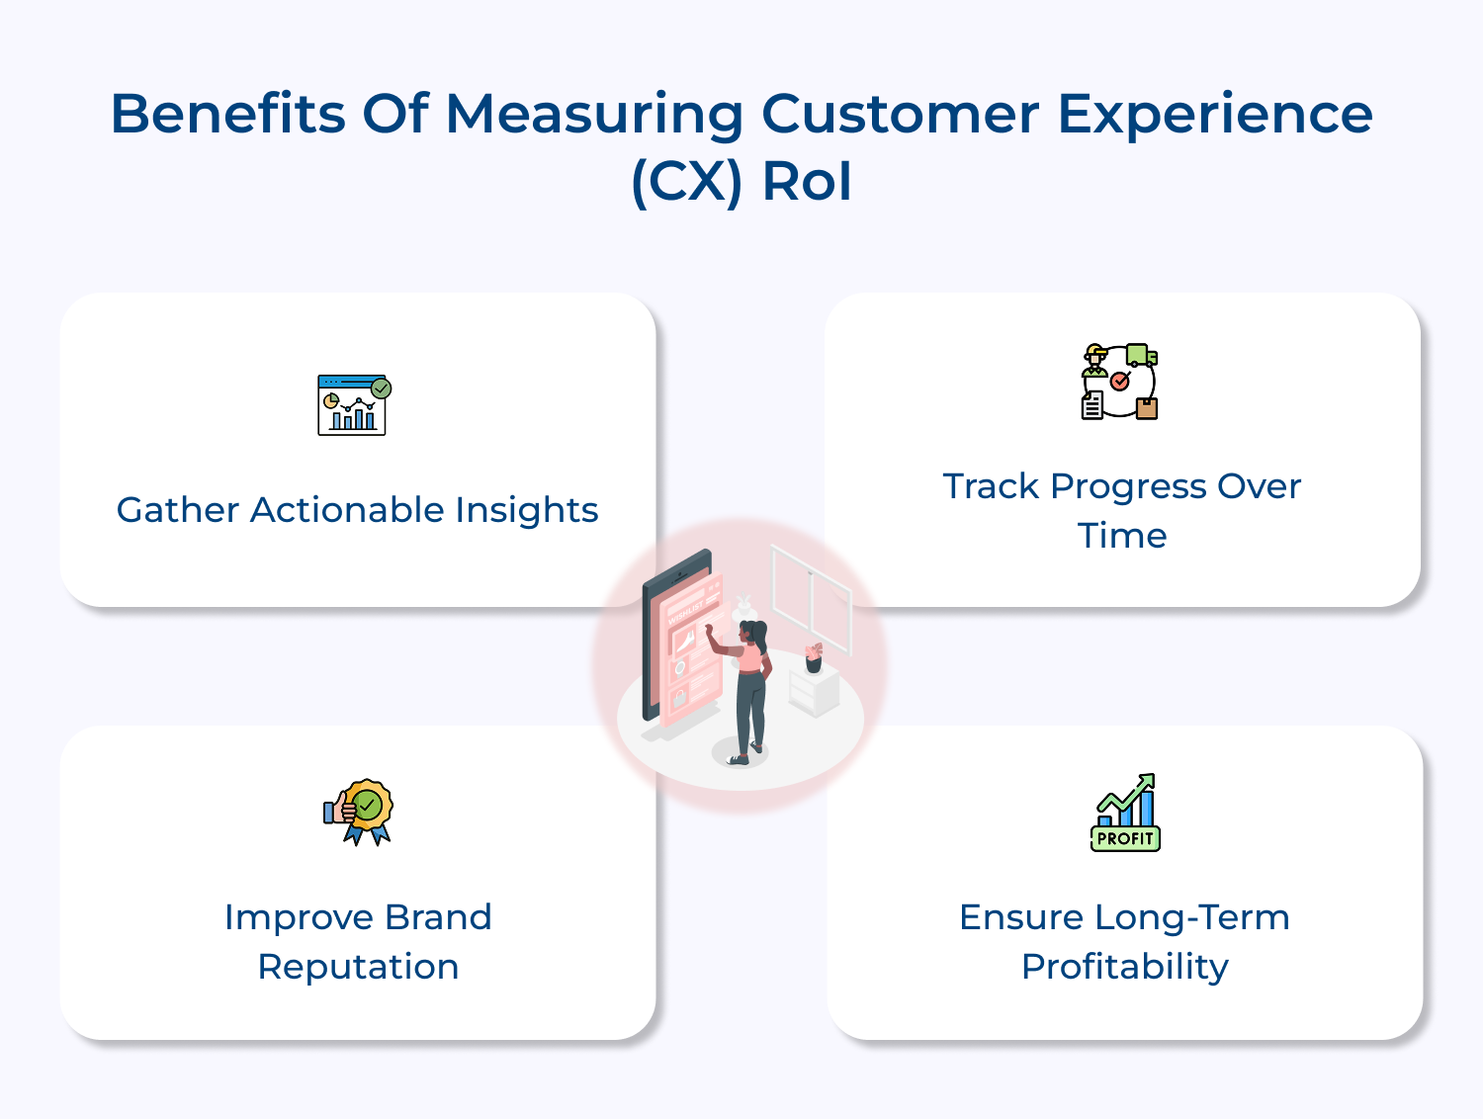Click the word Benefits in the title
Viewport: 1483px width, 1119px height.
click(228, 114)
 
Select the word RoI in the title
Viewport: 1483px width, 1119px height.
click(807, 182)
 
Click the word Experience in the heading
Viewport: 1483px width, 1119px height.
click(1214, 114)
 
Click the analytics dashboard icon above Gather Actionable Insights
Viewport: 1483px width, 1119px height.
click(353, 405)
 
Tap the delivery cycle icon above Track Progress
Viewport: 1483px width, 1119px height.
click(1119, 382)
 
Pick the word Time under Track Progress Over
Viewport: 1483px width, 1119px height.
click(1122, 536)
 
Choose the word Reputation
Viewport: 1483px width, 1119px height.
click(358, 967)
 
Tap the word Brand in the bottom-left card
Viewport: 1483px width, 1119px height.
click(437, 917)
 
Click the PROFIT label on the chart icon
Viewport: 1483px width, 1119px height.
click(1125, 838)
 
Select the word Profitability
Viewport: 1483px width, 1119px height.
click(1124, 967)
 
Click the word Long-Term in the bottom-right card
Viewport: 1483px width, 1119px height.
click(1191, 917)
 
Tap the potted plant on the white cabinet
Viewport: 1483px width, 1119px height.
click(814, 657)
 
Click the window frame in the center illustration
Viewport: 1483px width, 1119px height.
click(811, 599)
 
